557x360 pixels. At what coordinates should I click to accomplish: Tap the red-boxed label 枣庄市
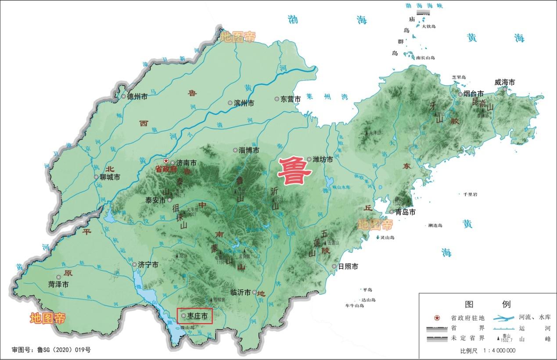[x=197, y=315]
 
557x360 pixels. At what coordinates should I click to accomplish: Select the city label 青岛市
[x=406, y=212]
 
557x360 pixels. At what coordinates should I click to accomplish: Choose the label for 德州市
[x=137, y=97]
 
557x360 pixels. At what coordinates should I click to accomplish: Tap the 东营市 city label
[x=291, y=99]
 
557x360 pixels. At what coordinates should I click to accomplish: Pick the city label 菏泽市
[x=58, y=284]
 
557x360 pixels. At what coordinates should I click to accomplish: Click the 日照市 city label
[x=348, y=266]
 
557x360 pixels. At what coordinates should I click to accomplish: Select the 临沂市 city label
[x=241, y=292]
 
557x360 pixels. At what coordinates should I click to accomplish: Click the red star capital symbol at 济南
[x=166, y=161]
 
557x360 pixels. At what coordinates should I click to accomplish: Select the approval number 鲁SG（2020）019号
[x=51, y=350]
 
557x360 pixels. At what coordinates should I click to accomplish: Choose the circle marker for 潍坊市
[x=309, y=159]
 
